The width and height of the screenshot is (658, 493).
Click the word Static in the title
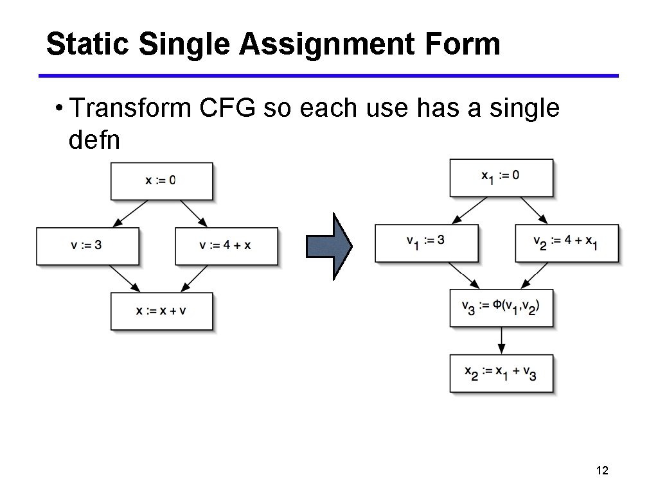[88, 44]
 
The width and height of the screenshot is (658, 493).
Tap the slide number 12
[602, 471]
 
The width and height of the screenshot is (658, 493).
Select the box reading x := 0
[161, 181]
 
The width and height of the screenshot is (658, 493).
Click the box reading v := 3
[87, 246]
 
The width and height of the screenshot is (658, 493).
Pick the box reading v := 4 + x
[226, 246]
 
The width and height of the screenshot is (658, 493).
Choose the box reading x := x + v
[161, 311]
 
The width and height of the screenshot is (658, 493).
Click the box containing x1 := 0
[501, 178]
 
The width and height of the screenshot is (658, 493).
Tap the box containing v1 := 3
[426, 243]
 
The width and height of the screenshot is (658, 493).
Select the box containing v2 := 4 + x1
[567, 243]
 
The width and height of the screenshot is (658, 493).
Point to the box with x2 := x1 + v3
[501, 373]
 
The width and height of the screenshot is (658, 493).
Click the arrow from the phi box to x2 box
[501, 340]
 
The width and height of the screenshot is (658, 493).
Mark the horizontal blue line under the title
[328, 76]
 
